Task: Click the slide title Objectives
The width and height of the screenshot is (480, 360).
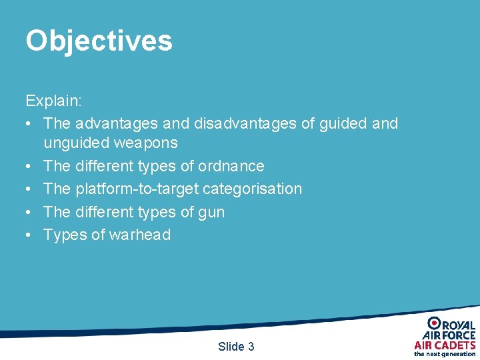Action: (x=99, y=41)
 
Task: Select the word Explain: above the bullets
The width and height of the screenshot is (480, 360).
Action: (x=54, y=101)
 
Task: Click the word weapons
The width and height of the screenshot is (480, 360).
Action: (x=147, y=143)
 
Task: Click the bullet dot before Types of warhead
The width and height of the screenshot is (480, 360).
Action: (x=29, y=235)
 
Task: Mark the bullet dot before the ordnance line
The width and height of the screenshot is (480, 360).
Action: (x=29, y=166)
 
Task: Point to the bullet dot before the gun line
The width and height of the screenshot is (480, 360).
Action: (x=29, y=212)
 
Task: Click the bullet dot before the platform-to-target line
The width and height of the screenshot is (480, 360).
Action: (x=29, y=189)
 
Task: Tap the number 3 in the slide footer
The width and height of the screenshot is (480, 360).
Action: (x=251, y=347)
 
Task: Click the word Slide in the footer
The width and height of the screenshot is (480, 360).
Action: (x=231, y=347)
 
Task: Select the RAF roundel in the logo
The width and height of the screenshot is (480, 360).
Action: (x=434, y=323)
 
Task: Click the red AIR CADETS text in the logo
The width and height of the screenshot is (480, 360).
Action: (x=445, y=345)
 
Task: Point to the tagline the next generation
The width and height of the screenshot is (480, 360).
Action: (x=445, y=354)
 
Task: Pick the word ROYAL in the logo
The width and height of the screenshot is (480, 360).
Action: (x=459, y=325)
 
